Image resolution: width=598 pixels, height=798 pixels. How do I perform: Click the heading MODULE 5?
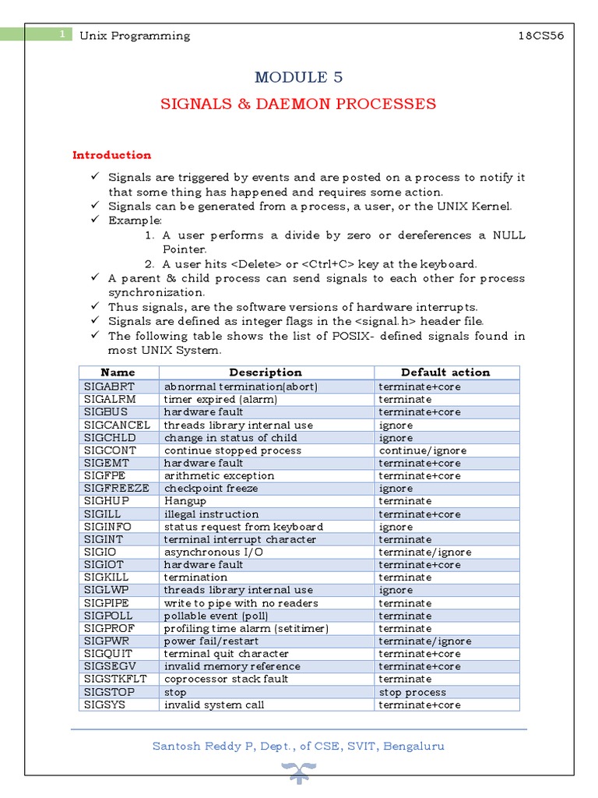(x=298, y=77)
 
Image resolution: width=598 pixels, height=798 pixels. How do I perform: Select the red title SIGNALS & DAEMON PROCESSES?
(x=298, y=104)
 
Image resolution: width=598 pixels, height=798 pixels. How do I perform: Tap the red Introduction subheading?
(x=111, y=155)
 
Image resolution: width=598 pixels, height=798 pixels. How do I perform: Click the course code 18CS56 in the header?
(x=541, y=36)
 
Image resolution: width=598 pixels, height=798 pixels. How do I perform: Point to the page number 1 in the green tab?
(x=61, y=34)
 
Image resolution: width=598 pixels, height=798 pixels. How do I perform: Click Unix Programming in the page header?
(x=135, y=36)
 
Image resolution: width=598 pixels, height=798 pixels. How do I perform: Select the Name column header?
(x=118, y=373)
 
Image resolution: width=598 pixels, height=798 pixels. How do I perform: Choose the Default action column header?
(x=445, y=373)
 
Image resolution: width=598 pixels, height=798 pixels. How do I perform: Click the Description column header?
(x=266, y=373)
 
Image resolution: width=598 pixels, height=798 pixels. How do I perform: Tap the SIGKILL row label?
(x=106, y=577)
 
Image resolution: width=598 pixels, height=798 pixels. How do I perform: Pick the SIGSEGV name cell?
(x=108, y=666)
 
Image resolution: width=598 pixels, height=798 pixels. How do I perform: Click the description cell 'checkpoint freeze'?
(x=211, y=489)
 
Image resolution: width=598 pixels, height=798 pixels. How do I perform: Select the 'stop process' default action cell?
(x=412, y=692)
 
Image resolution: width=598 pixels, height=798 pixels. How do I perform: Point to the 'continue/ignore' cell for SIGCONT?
(x=422, y=450)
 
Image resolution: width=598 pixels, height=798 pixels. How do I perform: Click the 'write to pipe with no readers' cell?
(x=241, y=603)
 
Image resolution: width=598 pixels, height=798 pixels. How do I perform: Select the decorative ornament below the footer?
(x=298, y=773)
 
